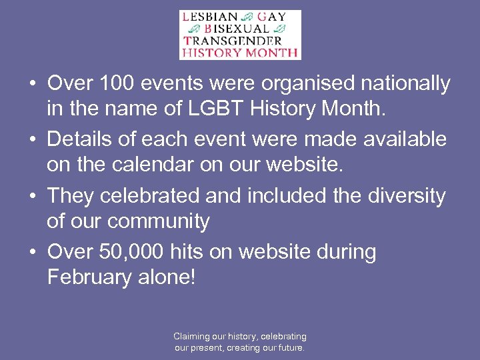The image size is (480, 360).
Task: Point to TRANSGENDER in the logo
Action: pyautogui.click(x=231, y=40)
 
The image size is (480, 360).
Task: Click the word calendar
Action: pyautogui.click(x=147, y=164)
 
